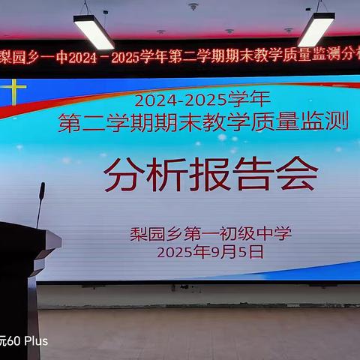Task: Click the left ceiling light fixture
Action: point(94,31)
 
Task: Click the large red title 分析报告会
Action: point(211,175)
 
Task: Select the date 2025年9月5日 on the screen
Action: point(210,253)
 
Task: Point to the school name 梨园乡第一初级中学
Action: point(210,233)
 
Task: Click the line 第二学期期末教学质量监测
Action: point(204,121)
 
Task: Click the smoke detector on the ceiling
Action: point(193,7)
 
